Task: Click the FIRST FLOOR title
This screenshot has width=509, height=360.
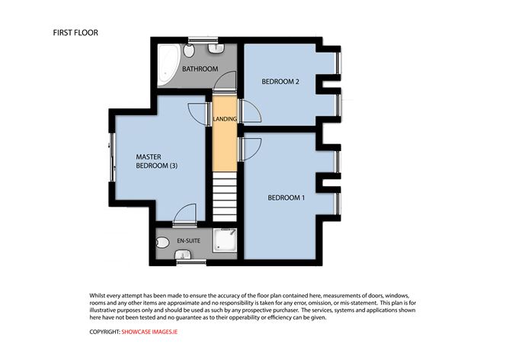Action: [75, 33]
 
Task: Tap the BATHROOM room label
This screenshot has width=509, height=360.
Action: [200, 69]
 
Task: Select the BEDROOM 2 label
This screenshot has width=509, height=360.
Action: [280, 82]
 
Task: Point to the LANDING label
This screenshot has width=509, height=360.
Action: [225, 119]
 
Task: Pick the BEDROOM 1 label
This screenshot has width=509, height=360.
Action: [286, 198]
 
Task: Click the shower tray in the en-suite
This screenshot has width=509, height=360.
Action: [226, 243]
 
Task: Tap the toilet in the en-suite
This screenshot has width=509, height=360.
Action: [162, 243]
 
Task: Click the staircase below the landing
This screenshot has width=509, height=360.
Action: [225, 196]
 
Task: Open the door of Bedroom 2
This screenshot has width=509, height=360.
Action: [250, 113]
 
